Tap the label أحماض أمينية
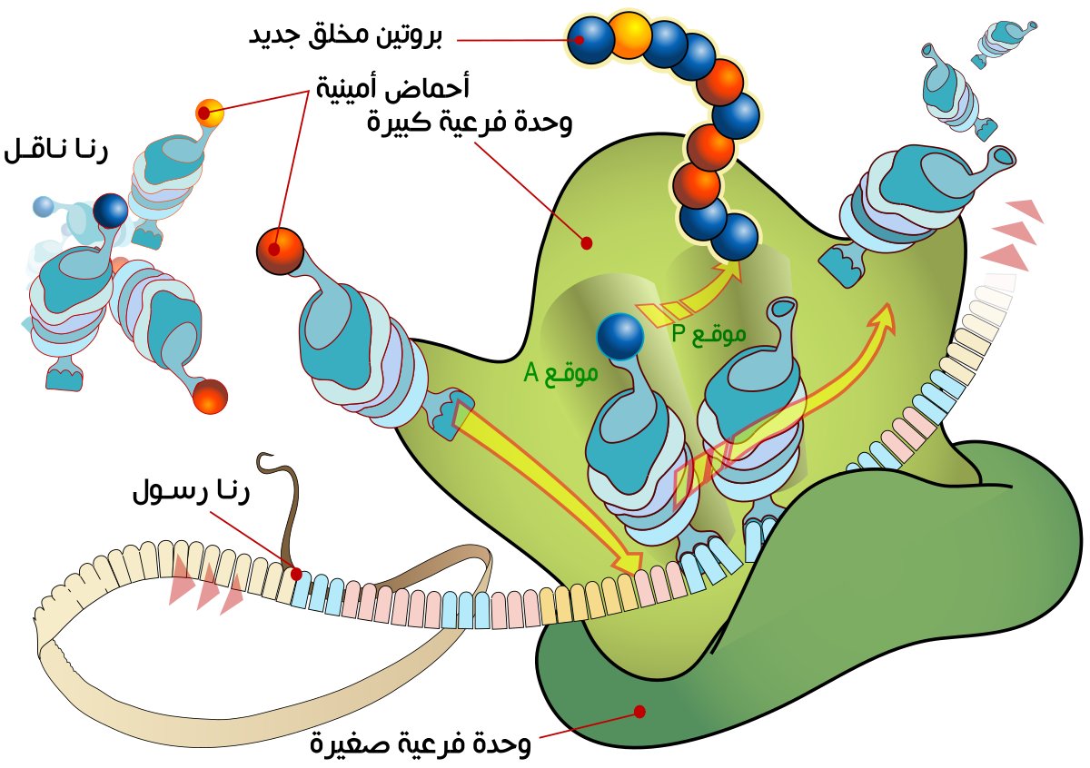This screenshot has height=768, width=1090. coord(392,89)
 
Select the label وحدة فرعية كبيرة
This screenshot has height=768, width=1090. coord(469,123)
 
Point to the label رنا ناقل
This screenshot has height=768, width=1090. coord(56,151)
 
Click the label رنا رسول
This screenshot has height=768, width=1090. coord(191,494)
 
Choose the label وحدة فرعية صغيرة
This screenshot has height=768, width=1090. coord(420,745)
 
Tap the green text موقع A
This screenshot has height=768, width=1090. coord(560,372)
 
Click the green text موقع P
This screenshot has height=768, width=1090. coord(708,333)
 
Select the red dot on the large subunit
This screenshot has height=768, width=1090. coord(587,243)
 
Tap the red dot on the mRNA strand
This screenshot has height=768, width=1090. coord(296,574)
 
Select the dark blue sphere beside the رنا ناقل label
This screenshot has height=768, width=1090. coord(111,211)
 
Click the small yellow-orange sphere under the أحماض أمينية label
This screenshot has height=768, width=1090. coord(208,113)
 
